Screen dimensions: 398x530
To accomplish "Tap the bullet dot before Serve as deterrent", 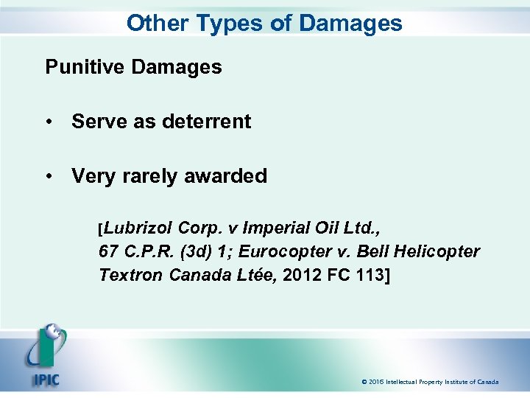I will pyautogui.click(x=50, y=122).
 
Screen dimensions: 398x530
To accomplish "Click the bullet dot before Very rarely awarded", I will pyautogui.click(x=50, y=177).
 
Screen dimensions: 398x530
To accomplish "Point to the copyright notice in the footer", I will pyautogui.click(x=430, y=382).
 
